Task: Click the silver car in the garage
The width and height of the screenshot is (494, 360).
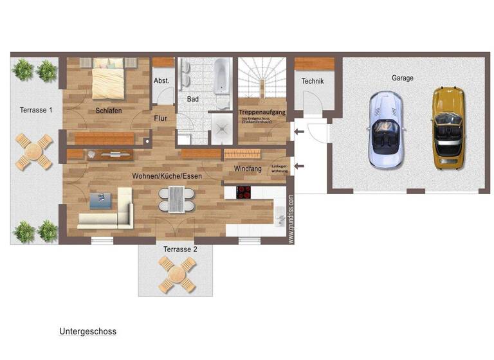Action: (x=385, y=130)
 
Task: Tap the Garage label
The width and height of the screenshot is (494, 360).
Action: (x=403, y=78)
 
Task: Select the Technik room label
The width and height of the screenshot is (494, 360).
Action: (x=313, y=82)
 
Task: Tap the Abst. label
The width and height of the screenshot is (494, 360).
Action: (x=161, y=81)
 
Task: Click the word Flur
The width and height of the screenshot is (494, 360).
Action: (x=161, y=118)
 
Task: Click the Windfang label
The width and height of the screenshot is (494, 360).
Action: (x=248, y=168)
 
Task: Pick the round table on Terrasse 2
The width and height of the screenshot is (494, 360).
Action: (x=177, y=274)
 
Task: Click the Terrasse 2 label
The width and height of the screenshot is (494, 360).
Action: (x=180, y=249)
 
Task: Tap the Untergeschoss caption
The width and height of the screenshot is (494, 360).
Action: (x=87, y=332)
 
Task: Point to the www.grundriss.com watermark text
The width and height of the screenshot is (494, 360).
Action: (x=291, y=219)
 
